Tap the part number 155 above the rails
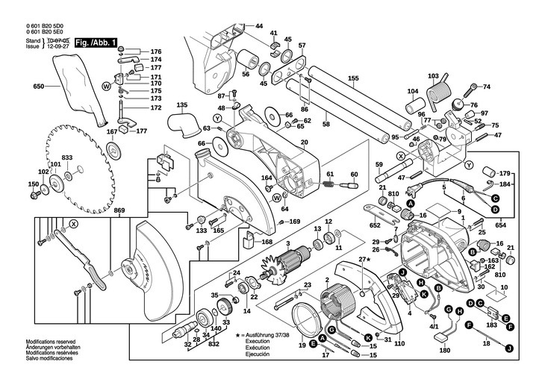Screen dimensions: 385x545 click(353, 78)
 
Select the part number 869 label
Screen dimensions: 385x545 click(119, 211)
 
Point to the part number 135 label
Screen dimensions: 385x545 click(182, 105)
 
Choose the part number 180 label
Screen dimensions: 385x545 click(445, 351)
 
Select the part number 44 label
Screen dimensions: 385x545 click(259, 27)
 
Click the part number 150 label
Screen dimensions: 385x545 click(33, 184)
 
